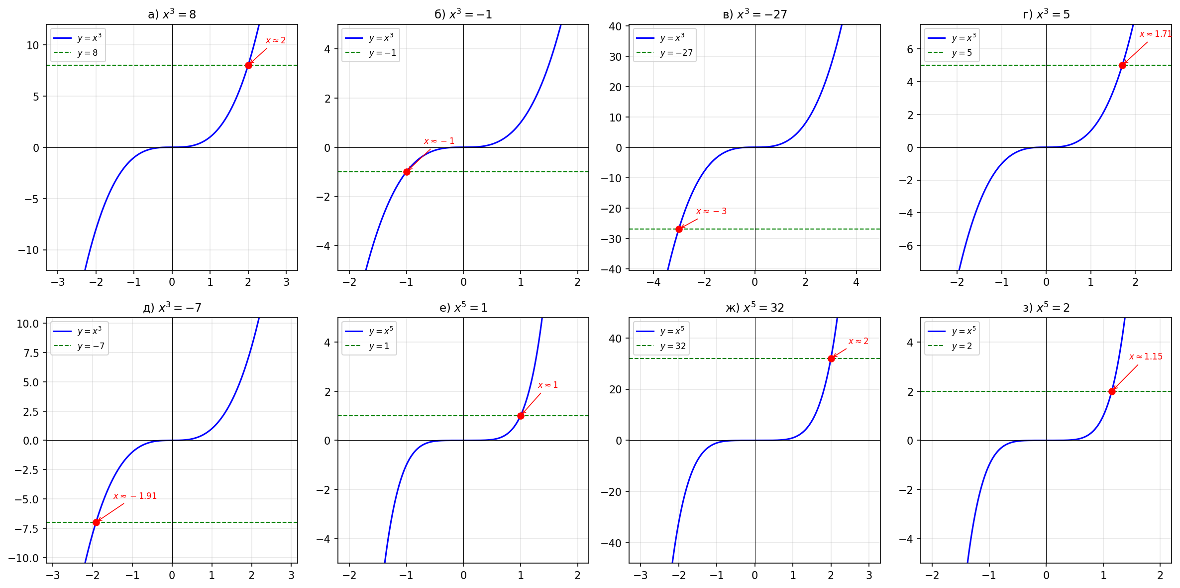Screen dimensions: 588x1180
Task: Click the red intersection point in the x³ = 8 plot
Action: click(248, 65)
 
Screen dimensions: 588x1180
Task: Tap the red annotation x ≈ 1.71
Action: click(1155, 34)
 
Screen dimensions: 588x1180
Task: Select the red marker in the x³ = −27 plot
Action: click(679, 229)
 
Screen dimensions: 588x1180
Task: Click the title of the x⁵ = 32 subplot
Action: click(754, 308)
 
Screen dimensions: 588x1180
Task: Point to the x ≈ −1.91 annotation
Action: click(135, 496)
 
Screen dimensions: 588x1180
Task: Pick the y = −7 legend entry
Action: click(91, 346)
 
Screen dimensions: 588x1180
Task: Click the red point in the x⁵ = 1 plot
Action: click(521, 416)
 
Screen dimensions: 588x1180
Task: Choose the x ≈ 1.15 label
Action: click(1146, 356)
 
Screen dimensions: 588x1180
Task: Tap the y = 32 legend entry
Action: click(673, 346)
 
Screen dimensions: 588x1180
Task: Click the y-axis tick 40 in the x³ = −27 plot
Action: click(615, 26)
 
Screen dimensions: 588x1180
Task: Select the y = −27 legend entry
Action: click(676, 53)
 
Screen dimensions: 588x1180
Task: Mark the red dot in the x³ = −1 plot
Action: click(407, 172)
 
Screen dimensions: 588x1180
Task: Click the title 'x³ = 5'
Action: click(1046, 14)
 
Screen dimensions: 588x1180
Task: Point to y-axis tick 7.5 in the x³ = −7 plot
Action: click(28, 353)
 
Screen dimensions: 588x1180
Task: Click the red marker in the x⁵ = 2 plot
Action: click(1112, 391)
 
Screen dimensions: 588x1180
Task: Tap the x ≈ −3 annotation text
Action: click(711, 211)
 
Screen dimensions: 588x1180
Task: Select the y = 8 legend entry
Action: click(87, 53)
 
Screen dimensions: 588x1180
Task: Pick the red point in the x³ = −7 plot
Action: click(96, 522)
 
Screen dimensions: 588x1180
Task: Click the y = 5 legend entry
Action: click(962, 53)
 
